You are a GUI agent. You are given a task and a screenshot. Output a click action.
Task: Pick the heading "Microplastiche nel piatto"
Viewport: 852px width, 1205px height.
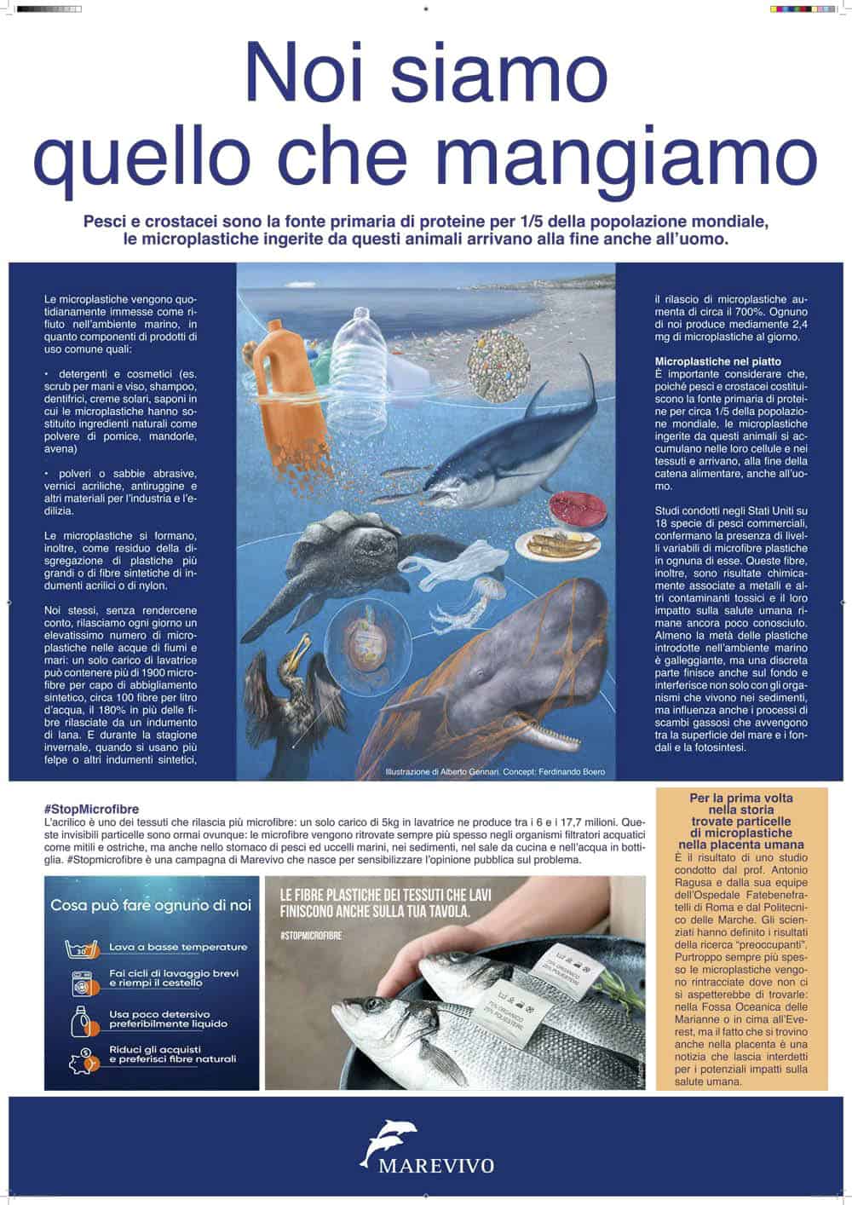717,361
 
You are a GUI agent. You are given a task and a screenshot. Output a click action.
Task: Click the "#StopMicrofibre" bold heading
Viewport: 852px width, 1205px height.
89,809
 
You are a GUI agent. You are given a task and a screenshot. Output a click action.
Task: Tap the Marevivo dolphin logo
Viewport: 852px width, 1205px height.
388,1139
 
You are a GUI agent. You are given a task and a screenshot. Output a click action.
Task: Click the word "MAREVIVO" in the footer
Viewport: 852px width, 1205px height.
427,1167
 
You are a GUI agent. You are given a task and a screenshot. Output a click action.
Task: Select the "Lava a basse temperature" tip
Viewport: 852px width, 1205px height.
177,947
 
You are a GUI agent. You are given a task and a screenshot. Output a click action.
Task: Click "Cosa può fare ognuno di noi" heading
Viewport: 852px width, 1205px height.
150,905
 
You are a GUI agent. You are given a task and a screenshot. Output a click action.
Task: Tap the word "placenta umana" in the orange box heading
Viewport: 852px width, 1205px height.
742,844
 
